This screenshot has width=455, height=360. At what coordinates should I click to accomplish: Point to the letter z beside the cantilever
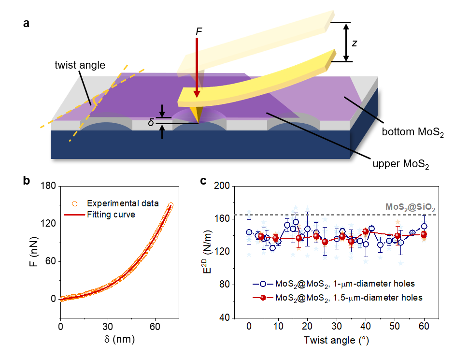point(355,43)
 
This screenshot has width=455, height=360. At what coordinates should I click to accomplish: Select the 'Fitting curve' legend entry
point(112,214)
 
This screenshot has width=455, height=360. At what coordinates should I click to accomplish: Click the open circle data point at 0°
point(249,232)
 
